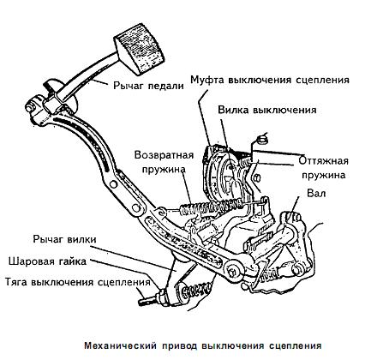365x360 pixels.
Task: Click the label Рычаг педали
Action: point(148,86)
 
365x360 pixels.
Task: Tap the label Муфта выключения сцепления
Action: point(270,80)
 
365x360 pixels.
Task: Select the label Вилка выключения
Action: point(267,110)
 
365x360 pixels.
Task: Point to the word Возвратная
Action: point(165,155)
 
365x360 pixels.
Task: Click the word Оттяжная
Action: point(324,160)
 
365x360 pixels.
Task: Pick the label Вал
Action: point(316,194)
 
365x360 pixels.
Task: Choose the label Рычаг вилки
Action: point(65,239)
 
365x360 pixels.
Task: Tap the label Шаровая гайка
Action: point(47,261)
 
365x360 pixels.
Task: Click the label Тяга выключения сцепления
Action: point(78,282)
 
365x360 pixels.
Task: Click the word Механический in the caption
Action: point(121,346)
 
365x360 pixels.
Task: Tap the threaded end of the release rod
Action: point(148,301)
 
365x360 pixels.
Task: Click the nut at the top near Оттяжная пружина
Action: point(261,141)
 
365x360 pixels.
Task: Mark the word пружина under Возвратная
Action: point(164,169)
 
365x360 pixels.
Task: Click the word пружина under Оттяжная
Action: point(324,175)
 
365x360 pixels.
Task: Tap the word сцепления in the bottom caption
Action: point(296,346)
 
